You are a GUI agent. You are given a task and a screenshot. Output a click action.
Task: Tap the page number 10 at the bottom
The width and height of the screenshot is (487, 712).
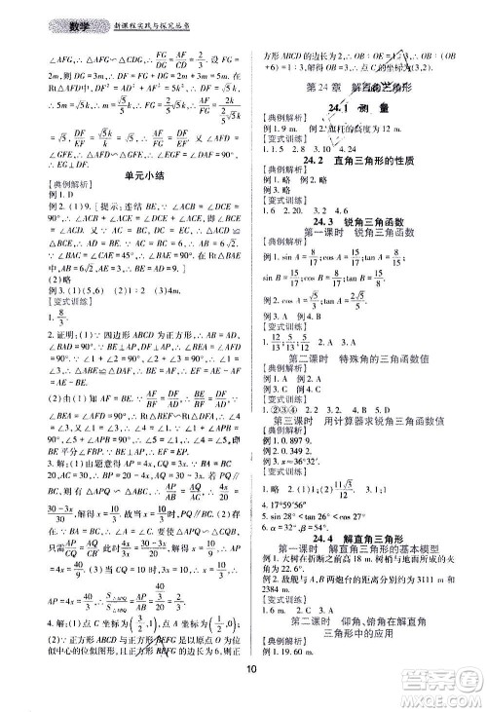251,694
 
